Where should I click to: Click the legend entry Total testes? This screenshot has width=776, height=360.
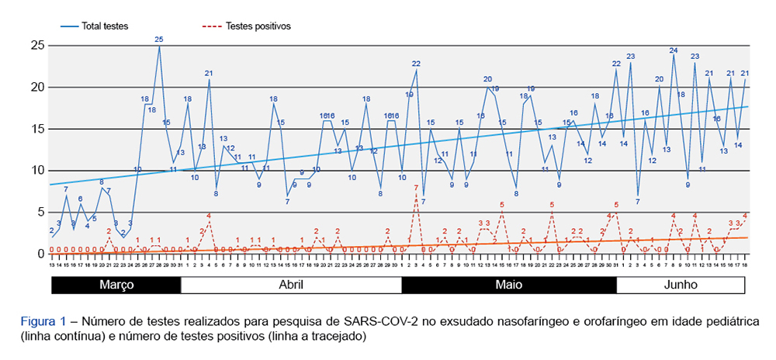[103, 26]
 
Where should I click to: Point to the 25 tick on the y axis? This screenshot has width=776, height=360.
[36, 46]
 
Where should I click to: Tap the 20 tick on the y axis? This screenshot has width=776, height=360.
[36, 87]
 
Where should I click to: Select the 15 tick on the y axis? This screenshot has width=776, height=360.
[36, 129]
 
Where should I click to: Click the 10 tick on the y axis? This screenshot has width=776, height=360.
[36, 171]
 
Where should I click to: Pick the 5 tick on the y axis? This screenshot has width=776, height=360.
[39, 212]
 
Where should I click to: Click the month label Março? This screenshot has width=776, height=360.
[116, 285]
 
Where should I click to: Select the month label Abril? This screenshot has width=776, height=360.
[291, 285]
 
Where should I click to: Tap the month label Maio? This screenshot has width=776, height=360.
[509, 285]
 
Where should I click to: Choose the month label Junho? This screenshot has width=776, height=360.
[681, 285]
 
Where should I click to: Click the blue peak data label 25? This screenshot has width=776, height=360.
[159, 39]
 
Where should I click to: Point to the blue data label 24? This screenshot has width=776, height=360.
[674, 50]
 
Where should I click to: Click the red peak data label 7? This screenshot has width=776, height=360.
[416, 188]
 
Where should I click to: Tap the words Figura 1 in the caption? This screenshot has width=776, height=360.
[43, 320]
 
